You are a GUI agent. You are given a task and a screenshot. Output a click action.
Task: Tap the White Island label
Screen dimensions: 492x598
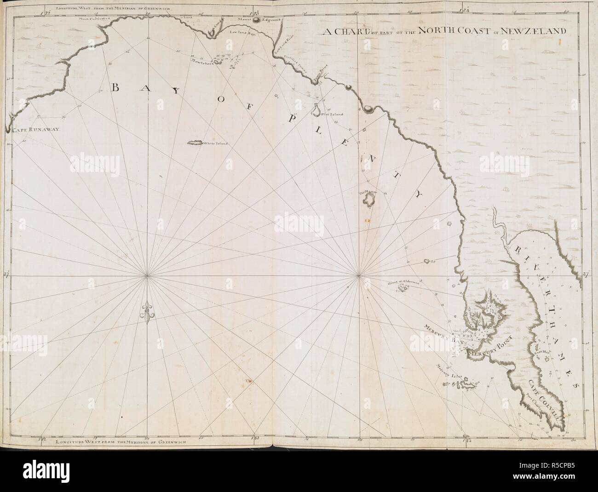216,143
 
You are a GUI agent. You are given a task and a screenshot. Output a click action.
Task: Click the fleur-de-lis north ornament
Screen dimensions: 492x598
147,313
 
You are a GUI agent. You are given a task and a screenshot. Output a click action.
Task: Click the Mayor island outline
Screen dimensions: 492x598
368,199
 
